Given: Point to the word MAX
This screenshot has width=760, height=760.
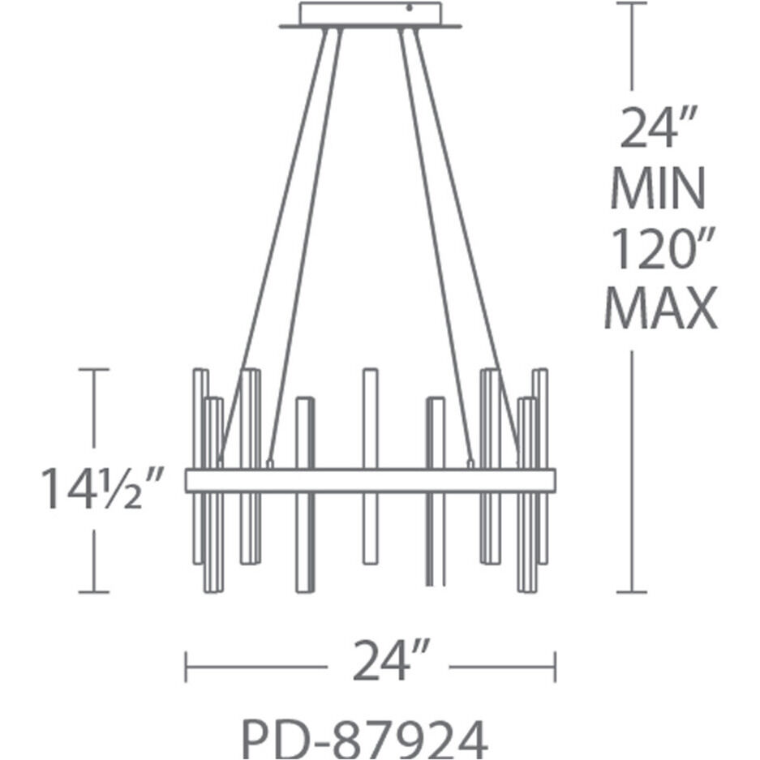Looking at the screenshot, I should [x=660, y=308].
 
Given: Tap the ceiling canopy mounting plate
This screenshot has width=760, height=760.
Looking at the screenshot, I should [x=369, y=16].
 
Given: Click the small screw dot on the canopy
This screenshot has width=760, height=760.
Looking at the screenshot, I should [x=410, y=10].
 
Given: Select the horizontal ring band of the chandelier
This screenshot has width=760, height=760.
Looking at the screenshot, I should [x=370, y=480].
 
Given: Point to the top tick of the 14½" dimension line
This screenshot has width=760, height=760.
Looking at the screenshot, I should [x=94, y=370].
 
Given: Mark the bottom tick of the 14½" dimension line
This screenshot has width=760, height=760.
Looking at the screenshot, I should [x=94, y=592].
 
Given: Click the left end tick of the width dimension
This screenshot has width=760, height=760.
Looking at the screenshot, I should [x=187, y=667].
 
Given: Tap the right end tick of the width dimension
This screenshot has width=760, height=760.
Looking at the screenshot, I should [x=555, y=667].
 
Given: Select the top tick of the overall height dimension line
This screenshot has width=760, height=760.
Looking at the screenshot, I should [x=632, y=3].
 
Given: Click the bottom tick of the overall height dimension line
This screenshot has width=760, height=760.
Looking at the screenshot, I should [x=632, y=592].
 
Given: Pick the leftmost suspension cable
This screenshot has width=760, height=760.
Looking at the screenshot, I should [x=276, y=243].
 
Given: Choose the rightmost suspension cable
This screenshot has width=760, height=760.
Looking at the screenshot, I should [x=467, y=243].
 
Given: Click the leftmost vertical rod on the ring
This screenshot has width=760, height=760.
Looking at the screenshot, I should [x=198, y=422].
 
